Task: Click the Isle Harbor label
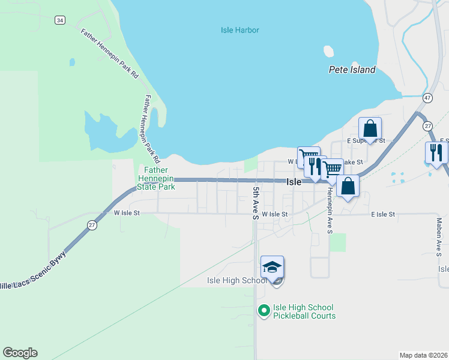(x=240, y=29)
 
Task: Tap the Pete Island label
(x=352, y=70)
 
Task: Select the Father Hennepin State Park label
(x=157, y=178)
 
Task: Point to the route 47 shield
(x=427, y=97)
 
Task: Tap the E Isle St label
(x=382, y=214)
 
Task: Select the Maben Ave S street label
(x=439, y=236)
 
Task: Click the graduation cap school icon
(x=272, y=267)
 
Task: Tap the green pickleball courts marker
(x=264, y=310)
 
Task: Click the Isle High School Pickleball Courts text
(x=304, y=312)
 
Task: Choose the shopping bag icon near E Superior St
(x=370, y=128)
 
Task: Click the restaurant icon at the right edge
(x=436, y=153)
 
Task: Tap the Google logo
(x=20, y=353)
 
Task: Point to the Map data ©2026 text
(x=423, y=355)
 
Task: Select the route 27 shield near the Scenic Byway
(x=91, y=224)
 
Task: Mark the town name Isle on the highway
(x=294, y=182)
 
